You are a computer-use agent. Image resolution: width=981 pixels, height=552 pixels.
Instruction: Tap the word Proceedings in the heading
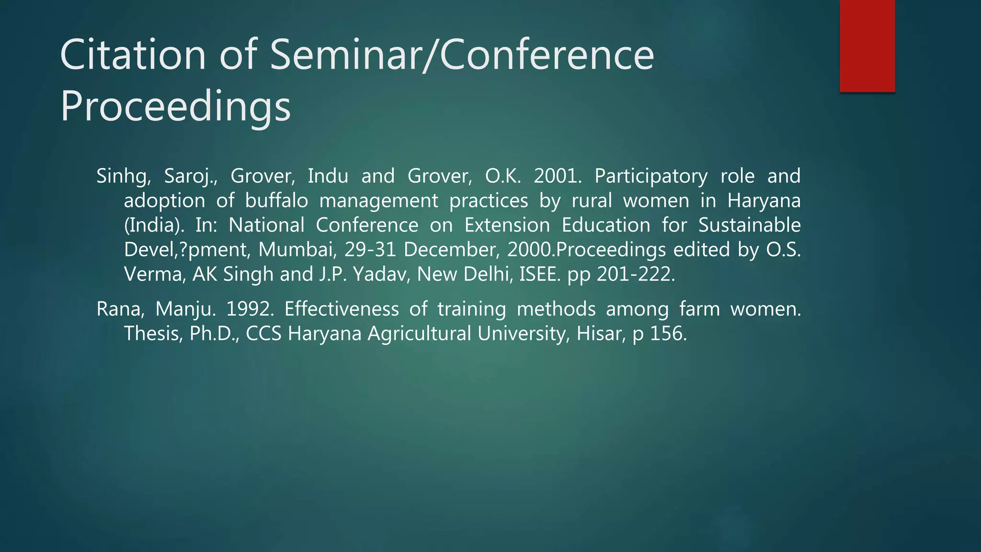pyautogui.click(x=175, y=107)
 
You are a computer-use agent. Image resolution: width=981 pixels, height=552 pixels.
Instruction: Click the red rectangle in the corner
pyautogui.click(x=867, y=46)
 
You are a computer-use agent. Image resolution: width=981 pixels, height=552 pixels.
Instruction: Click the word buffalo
pyautogui.click(x=276, y=201)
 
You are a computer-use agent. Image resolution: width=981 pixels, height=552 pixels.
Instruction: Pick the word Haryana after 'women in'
pyautogui.click(x=764, y=201)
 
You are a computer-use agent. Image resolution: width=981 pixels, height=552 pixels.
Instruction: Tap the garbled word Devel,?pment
pyautogui.click(x=186, y=250)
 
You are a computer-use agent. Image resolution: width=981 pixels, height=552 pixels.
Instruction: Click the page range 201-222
pyautogui.click(x=636, y=275)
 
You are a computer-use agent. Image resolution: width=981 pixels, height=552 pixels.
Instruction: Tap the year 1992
pyautogui.click(x=250, y=309)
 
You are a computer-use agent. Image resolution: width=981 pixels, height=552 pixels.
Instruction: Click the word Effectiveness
pyautogui.click(x=341, y=309)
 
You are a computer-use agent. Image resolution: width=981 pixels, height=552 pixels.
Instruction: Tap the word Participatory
pyautogui.click(x=650, y=176)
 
